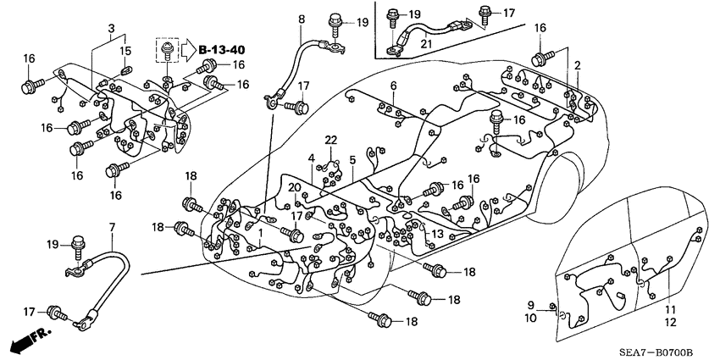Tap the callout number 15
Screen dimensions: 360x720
pos(125,52)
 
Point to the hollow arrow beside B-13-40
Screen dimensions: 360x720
pos(189,48)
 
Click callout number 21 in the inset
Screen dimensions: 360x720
pos(427,43)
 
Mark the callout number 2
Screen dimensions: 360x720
pos(577,65)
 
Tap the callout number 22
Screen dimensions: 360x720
pos(331,140)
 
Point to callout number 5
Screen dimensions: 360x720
pos(352,159)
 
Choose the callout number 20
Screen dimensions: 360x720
pos(293,188)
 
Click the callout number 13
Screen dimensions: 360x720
pos(437,235)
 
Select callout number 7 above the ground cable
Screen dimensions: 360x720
pos(112,227)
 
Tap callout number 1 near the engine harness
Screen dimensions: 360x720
pos(261,232)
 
